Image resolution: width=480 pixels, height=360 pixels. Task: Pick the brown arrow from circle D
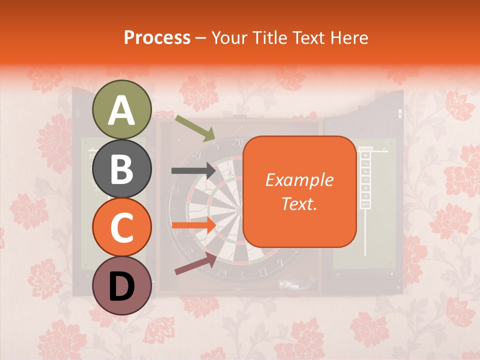pyautogui.click(x=195, y=263)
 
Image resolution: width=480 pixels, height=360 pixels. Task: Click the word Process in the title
pyautogui.click(x=157, y=38)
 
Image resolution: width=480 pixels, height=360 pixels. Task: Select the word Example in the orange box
pyautogui.click(x=299, y=180)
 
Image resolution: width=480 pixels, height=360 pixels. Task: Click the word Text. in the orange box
pyautogui.click(x=299, y=203)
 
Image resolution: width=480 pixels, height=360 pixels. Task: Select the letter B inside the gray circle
pyautogui.click(x=122, y=169)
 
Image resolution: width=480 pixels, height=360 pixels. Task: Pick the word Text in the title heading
pyautogui.click(x=308, y=38)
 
